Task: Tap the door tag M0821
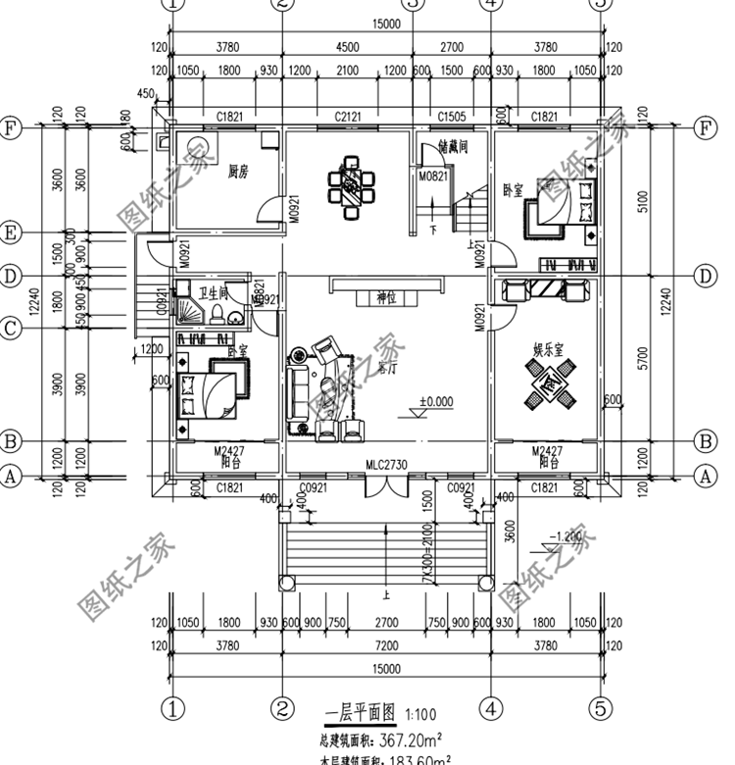432,177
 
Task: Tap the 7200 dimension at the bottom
386,645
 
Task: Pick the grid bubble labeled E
11,232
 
